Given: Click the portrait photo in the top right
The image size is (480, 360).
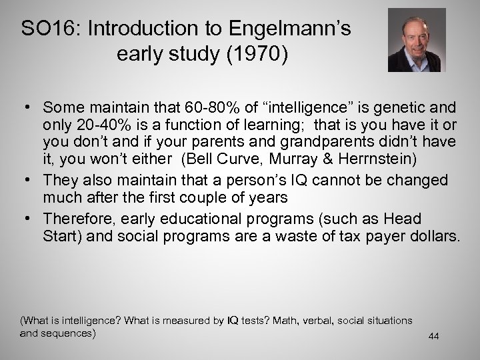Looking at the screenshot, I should click(417, 39).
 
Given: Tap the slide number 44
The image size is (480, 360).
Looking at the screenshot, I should click(434, 337).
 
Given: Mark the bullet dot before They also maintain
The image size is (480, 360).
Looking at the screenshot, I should click(31, 181).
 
